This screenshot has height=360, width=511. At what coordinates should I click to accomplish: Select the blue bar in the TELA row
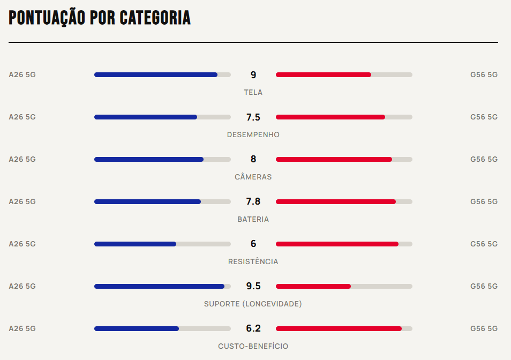pyautogui.click(x=156, y=74)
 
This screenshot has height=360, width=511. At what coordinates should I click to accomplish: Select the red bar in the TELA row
pyautogui.click(x=324, y=74)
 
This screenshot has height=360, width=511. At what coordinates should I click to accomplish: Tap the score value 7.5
pyautogui.click(x=253, y=117)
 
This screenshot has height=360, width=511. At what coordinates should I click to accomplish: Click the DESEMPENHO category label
pyautogui.click(x=253, y=134)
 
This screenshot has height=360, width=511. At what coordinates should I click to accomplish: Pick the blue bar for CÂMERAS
pyautogui.click(x=149, y=159)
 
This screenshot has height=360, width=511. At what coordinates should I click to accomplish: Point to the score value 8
pyautogui.click(x=253, y=159)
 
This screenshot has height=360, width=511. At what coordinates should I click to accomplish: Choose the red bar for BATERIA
pyautogui.click(x=336, y=201)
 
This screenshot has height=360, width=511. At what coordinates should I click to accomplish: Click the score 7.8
pyautogui.click(x=253, y=201)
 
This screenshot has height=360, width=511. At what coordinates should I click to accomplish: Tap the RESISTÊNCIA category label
pyautogui.click(x=253, y=261)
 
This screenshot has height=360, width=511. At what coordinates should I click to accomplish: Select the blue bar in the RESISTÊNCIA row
pyautogui.click(x=136, y=244)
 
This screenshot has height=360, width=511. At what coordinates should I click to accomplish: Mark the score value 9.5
pyautogui.click(x=253, y=286)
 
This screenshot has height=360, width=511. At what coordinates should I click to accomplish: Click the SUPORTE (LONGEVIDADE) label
pyautogui.click(x=253, y=304)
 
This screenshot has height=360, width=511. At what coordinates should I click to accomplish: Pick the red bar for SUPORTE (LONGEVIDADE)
pyautogui.click(x=313, y=286)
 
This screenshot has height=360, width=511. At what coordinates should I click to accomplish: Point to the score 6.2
pyautogui.click(x=253, y=328)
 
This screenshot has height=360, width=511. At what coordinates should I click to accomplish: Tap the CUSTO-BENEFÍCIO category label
pyautogui.click(x=253, y=346)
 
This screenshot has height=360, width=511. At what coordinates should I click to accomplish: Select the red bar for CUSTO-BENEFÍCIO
pyautogui.click(x=339, y=328)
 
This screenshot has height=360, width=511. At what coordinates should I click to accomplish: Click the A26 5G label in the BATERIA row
pyautogui.click(x=22, y=201)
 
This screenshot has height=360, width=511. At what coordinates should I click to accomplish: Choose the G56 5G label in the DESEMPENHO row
pyautogui.click(x=484, y=117)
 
